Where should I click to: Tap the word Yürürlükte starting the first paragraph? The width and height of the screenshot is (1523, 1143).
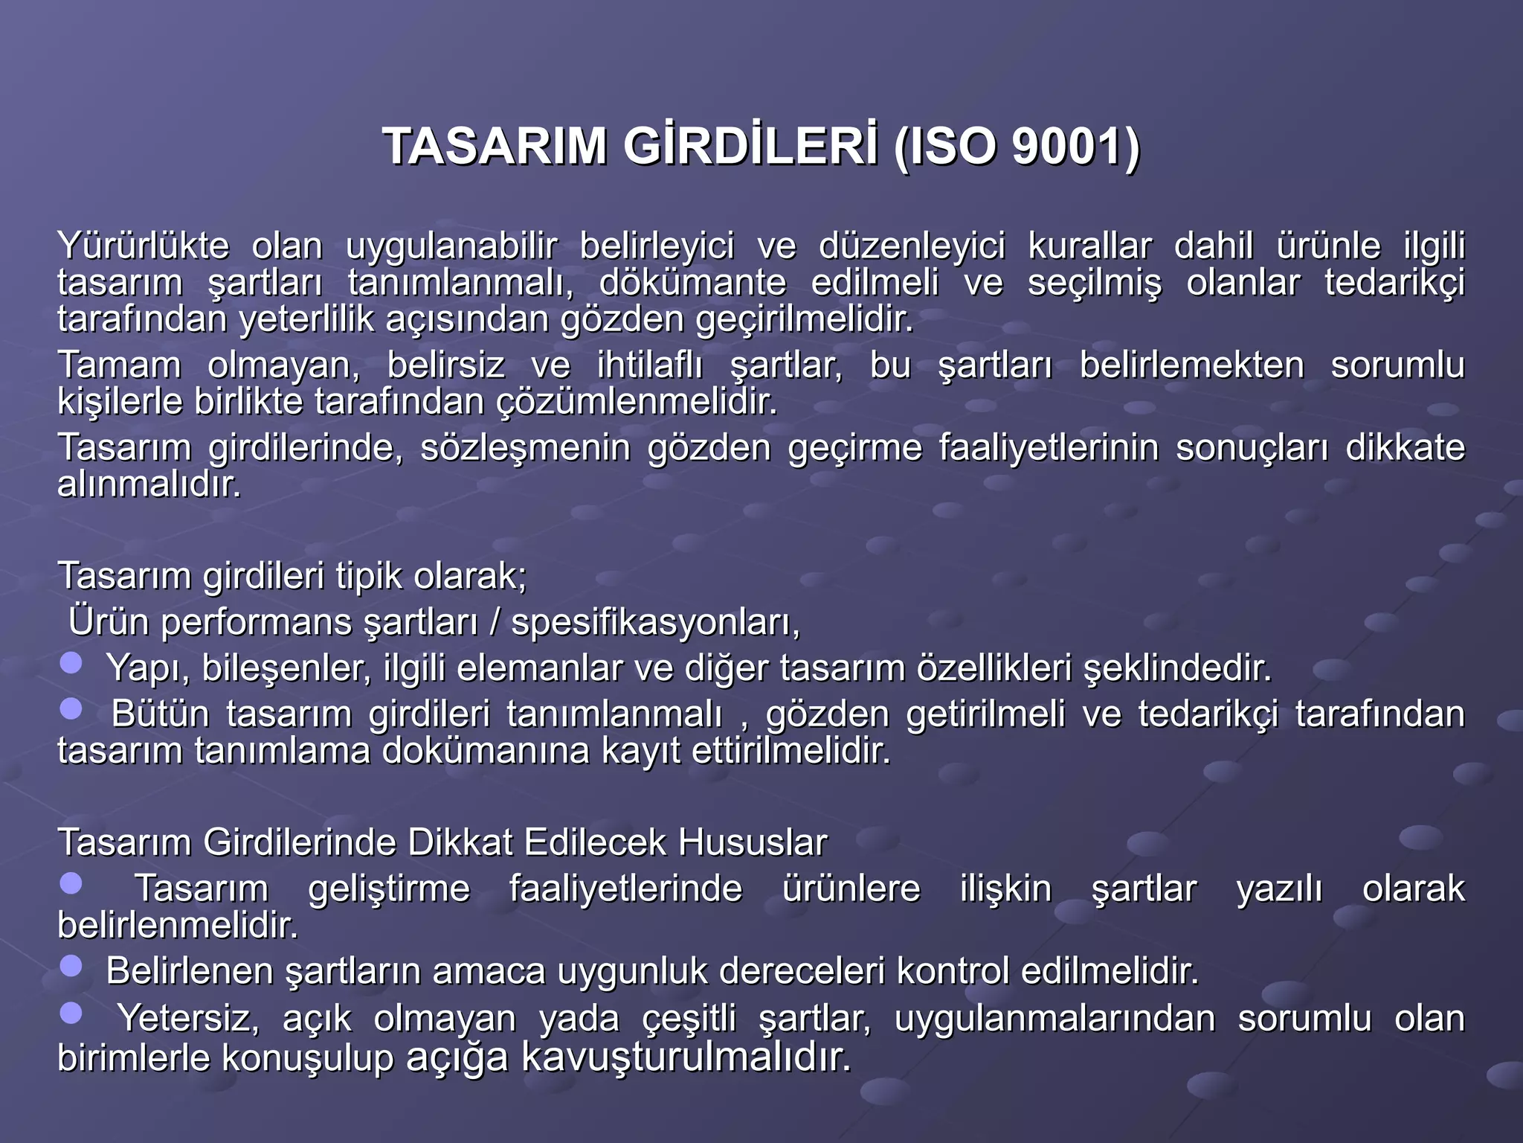coord(144,246)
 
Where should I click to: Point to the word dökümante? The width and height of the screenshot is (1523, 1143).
coord(692,283)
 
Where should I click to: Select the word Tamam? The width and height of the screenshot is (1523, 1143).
coord(120,365)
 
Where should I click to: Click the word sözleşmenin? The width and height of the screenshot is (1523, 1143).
coord(525,448)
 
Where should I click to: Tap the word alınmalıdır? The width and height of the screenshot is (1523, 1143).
coord(149,485)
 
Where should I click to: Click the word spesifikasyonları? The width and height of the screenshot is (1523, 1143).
coord(655,622)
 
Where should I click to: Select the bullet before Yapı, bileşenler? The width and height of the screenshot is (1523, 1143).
coord(71,663)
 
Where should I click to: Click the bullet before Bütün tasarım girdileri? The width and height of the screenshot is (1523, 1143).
coord(71,709)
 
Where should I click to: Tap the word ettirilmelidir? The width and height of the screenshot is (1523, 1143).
coord(791,751)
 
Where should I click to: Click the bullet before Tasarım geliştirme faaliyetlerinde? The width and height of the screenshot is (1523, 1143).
coord(71,884)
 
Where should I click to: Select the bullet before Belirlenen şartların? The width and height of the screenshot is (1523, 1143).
coord(71,966)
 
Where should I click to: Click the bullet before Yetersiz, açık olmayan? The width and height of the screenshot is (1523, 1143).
coord(71,1013)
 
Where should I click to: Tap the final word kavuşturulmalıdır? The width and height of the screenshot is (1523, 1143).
coord(685,1057)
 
